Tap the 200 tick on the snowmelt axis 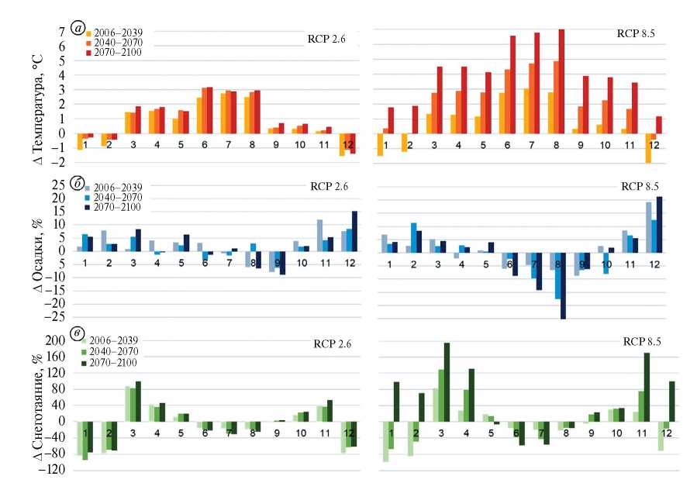tap(57, 340)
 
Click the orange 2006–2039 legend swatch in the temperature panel tap(89, 33)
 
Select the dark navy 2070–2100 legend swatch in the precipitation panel tap(89, 209)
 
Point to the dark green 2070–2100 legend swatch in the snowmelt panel tap(89, 362)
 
